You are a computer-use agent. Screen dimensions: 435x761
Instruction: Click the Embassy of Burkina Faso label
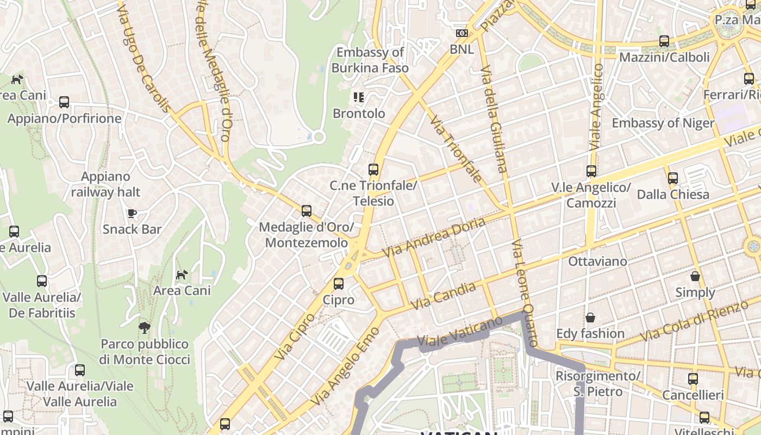(x=370, y=60)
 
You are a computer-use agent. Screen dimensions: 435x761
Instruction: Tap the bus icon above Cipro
(x=339, y=283)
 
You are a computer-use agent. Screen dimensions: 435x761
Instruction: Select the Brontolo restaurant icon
(x=359, y=97)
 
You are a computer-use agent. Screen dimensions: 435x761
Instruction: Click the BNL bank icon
(x=461, y=33)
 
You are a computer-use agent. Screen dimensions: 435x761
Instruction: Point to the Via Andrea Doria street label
(x=433, y=238)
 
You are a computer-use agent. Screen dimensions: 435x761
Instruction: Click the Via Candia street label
(x=444, y=296)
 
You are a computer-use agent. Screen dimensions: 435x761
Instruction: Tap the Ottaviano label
(x=597, y=262)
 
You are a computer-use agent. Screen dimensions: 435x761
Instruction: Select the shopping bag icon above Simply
(x=695, y=276)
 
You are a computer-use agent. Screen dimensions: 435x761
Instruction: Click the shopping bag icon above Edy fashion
(x=590, y=317)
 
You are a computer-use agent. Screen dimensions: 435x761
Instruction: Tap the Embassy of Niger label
(x=663, y=123)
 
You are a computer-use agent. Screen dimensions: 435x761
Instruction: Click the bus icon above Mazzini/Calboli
(x=664, y=41)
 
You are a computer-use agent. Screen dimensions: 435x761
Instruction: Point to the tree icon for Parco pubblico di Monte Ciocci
(x=145, y=327)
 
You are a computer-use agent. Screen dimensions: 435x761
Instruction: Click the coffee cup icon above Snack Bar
(x=132, y=213)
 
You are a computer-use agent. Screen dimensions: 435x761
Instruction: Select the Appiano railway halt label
(x=105, y=184)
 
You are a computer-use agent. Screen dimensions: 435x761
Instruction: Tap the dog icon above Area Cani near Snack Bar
(x=182, y=275)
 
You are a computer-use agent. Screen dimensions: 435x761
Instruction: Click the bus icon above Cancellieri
(x=693, y=379)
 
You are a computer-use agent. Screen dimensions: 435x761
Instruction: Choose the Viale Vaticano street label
(x=460, y=332)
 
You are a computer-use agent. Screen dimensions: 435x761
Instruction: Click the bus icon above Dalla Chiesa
(x=673, y=178)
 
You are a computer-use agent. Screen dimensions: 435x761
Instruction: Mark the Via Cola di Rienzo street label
(x=694, y=320)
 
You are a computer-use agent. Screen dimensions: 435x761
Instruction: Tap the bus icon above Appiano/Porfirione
(x=64, y=102)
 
